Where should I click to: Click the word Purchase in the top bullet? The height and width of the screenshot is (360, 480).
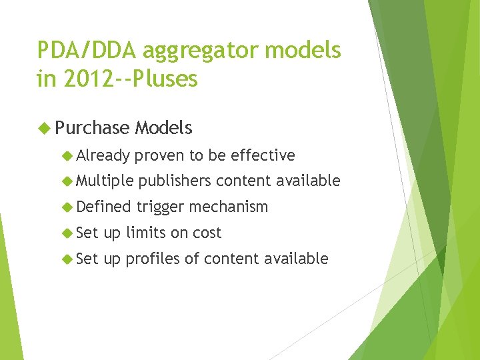(93, 128)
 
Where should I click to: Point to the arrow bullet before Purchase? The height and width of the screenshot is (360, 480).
(45, 128)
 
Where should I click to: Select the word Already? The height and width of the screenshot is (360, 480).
(103, 155)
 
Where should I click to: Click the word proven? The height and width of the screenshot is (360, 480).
(159, 155)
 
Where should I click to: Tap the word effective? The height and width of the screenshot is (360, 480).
(263, 155)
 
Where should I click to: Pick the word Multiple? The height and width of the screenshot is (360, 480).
(105, 181)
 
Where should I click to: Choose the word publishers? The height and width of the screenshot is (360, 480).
(175, 181)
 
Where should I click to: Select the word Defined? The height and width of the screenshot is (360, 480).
(103, 207)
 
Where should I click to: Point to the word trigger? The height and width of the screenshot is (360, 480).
(161, 207)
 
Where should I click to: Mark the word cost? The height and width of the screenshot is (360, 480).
(207, 233)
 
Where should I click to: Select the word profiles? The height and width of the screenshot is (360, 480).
(153, 259)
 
